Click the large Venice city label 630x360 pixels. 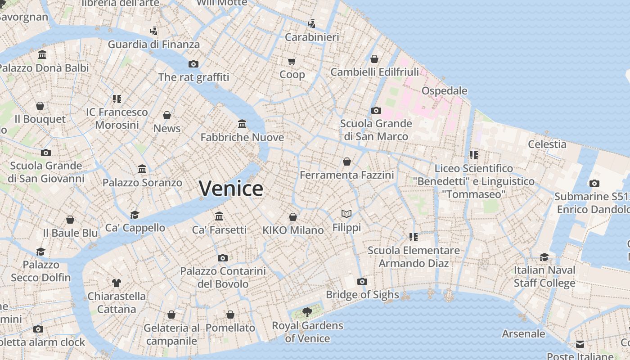pos(231,189)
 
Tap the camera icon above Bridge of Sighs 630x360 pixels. pos(362,282)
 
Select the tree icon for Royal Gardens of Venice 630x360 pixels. pos(307,312)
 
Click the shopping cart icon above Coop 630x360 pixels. pos(292,61)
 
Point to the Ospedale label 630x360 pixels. pos(444,91)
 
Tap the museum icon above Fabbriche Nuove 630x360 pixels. pos(242,124)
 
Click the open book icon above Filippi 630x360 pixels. pos(346,214)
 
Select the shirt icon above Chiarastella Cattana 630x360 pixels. pos(117,283)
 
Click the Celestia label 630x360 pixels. pos(547,144)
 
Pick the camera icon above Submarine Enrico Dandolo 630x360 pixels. pos(594,183)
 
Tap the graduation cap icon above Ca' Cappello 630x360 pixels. pos(135,214)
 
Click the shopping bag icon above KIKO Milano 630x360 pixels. pos(293,217)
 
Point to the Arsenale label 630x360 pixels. pos(523,334)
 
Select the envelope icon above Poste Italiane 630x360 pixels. pos(580,344)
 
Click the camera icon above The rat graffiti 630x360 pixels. pos(193,64)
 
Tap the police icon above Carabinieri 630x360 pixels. pos(311,23)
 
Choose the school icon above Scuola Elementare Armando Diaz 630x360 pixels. pos(414,237)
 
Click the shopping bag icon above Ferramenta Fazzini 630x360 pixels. pos(347,161)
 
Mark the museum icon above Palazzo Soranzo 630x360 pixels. pos(142,169)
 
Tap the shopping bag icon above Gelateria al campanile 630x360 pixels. pos(171,315)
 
